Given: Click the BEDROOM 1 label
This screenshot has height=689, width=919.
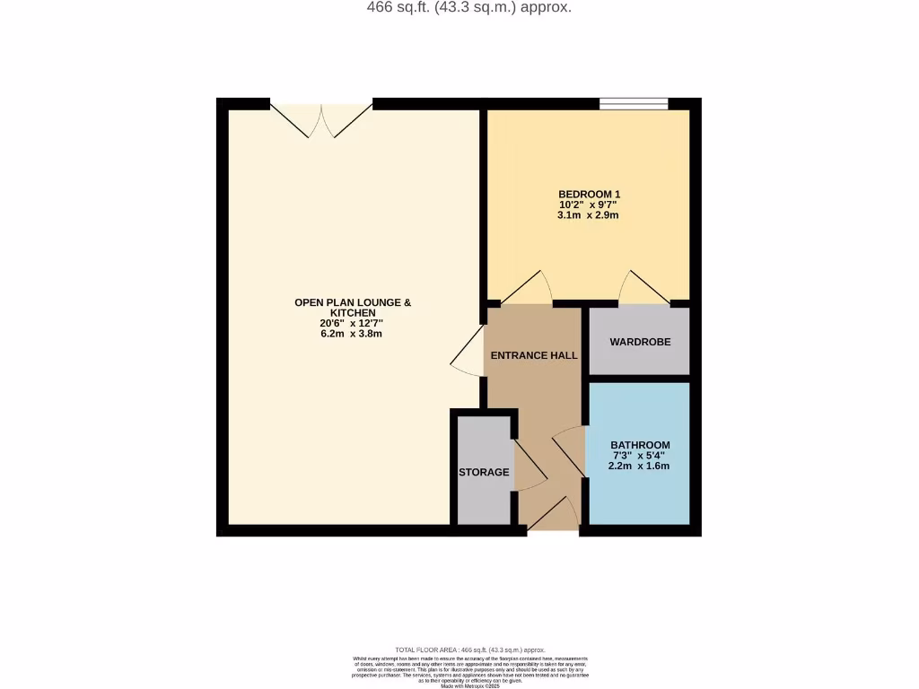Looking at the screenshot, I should (589, 194).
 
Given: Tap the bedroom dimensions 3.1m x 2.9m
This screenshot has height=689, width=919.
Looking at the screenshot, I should (589, 215).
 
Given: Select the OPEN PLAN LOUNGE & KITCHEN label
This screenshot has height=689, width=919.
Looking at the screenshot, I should (353, 308).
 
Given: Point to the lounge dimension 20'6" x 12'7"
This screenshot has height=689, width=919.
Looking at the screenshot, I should (353, 323).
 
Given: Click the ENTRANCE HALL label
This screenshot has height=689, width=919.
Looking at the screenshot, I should (533, 355).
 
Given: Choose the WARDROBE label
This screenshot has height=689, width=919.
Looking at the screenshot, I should (639, 342).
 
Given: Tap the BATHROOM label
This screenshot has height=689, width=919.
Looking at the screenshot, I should (640, 445).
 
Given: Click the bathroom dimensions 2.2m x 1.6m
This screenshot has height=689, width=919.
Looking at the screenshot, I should (640, 466).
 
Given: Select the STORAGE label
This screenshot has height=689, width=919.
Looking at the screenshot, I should (484, 472).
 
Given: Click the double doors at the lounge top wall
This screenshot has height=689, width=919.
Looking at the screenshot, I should (321, 119).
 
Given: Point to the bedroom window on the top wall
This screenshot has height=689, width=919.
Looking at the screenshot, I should (634, 104).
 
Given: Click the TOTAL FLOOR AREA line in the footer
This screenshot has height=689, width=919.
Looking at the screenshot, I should (469, 650).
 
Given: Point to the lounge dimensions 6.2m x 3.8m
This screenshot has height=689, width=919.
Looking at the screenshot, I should (353, 334).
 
